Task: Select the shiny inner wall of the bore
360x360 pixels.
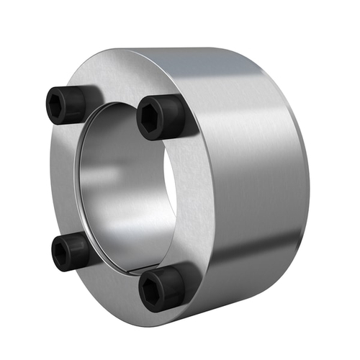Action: tap(108, 187)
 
